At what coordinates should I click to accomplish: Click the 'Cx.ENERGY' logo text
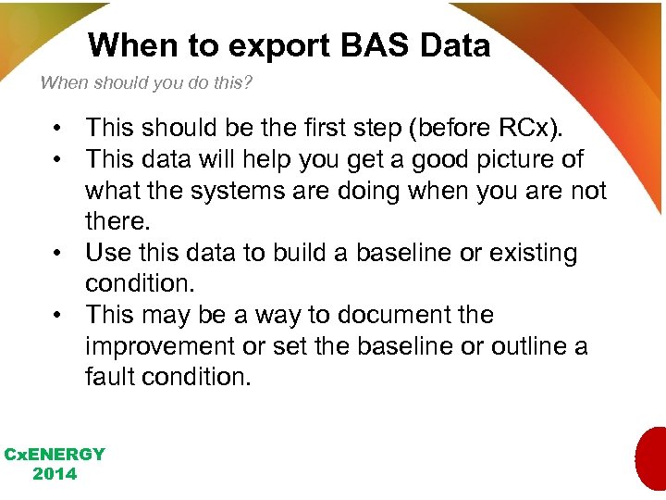[55, 455]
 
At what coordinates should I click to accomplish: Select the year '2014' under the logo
[55, 474]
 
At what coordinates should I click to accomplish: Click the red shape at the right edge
[651, 458]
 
